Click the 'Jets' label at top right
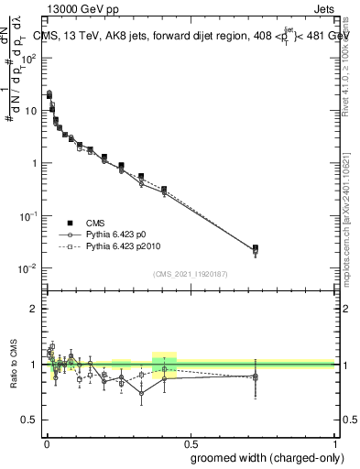[325, 11]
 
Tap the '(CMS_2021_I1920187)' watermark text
[190, 274]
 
